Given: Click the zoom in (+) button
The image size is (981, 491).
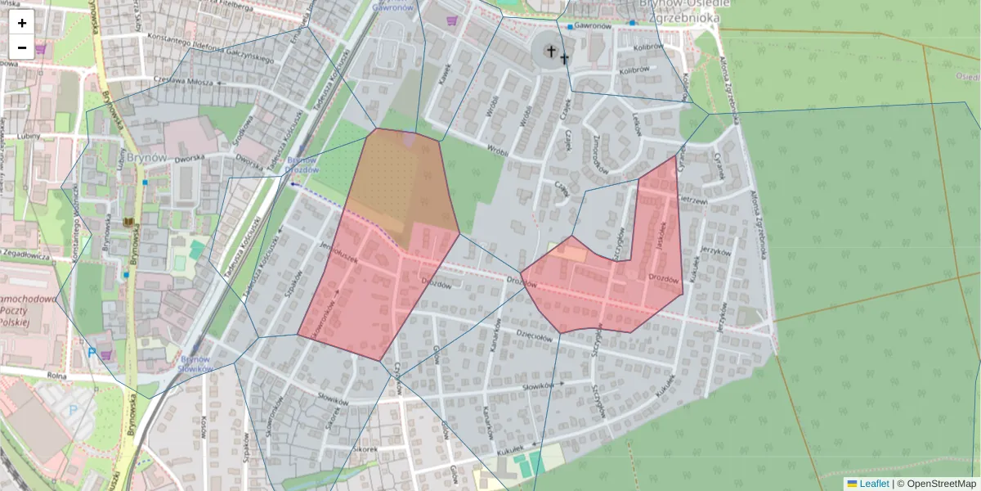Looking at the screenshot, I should (x=22, y=23).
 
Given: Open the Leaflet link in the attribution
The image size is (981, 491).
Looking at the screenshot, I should (x=873, y=484).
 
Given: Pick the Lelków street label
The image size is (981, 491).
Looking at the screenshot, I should (x=637, y=124).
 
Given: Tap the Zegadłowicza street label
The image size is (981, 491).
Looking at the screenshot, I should (x=26, y=255).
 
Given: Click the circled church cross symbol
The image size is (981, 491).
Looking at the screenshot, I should (x=550, y=52).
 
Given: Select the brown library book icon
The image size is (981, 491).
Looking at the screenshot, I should (x=128, y=223).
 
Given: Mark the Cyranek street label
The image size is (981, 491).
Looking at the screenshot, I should (x=719, y=166).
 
